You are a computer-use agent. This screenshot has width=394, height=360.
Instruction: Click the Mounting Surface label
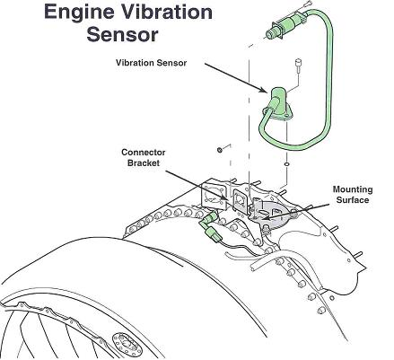pyautogui.click(x=352, y=194)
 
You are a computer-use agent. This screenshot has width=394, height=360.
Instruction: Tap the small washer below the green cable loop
pyautogui.click(x=285, y=164)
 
